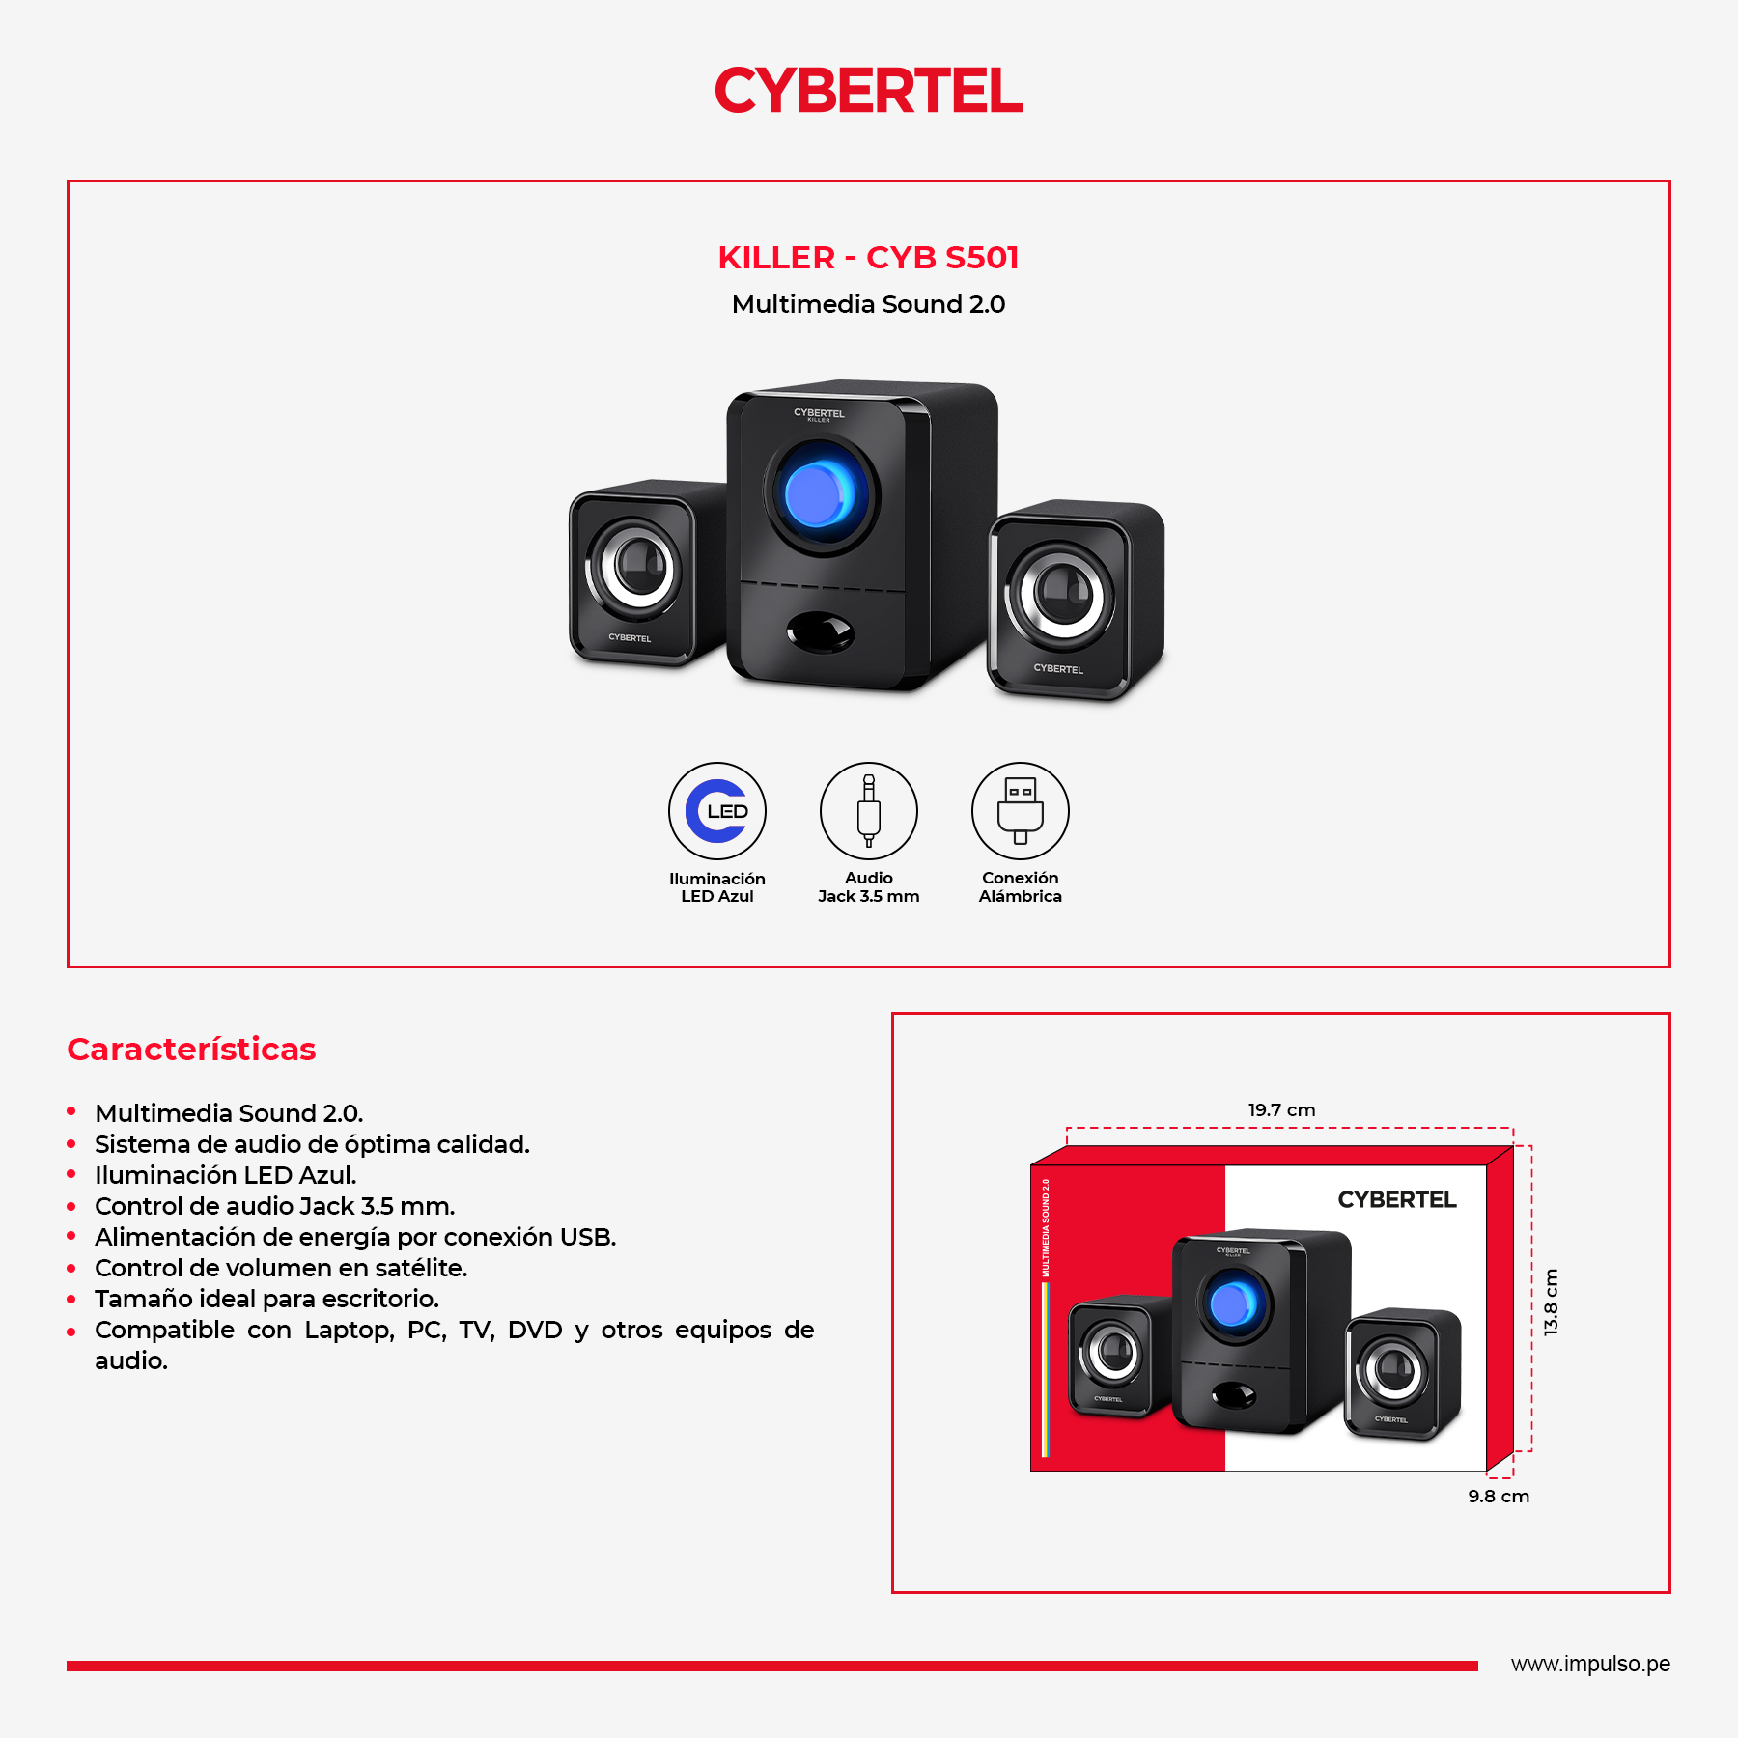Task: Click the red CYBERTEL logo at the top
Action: [x=868, y=91]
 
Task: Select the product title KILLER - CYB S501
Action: [x=868, y=258]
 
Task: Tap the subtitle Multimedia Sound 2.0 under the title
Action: [x=868, y=304]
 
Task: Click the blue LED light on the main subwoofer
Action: [x=818, y=493]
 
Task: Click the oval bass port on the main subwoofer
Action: [x=820, y=632]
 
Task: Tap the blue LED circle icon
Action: [x=717, y=811]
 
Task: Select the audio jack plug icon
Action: [x=869, y=811]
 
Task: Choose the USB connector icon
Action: [x=1021, y=811]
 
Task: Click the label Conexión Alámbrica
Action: [x=1021, y=887]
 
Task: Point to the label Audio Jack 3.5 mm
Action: [x=869, y=887]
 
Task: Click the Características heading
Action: [x=191, y=1050]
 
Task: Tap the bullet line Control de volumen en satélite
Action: [x=281, y=1268]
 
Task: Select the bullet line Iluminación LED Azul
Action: [x=226, y=1175]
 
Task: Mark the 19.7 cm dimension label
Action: [x=1281, y=1110]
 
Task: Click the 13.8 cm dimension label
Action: [x=1551, y=1302]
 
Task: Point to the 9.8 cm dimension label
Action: [x=1499, y=1497]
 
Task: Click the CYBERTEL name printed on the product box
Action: [x=1397, y=1199]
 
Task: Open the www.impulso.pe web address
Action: [x=1590, y=1665]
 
